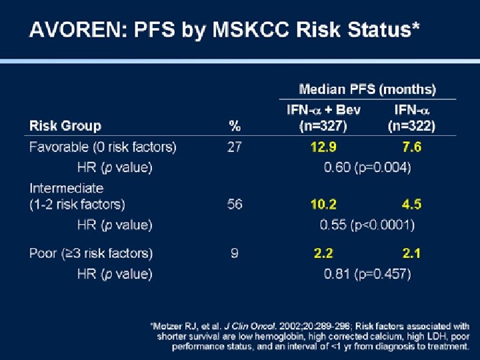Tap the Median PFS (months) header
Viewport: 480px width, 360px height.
coord(367,89)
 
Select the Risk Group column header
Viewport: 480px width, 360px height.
coord(65,126)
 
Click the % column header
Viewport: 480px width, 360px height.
coord(235,126)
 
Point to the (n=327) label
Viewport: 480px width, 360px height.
coord(323,126)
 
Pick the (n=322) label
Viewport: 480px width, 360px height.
coord(411,126)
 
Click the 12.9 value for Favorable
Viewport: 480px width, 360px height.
coord(323,147)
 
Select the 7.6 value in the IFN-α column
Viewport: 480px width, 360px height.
coord(412,147)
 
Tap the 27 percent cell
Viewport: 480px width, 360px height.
coord(235,147)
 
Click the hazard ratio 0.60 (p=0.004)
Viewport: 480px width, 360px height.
coord(367,167)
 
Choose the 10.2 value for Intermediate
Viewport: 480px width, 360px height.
coord(323,204)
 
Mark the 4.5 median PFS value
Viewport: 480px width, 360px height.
coord(412,204)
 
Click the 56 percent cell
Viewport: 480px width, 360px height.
coord(235,204)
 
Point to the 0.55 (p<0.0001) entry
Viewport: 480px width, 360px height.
coord(367,225)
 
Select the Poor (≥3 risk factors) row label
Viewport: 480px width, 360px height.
coord(91,254)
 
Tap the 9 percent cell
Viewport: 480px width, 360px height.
coord(235,253)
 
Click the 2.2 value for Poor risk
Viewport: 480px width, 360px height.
coord(323,253)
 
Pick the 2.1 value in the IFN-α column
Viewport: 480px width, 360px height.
coord(411,253)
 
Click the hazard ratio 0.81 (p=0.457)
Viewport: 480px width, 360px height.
coord(367,274)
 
